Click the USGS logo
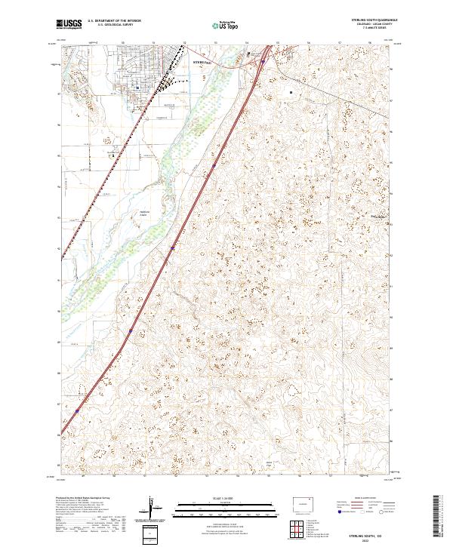pos(69,24)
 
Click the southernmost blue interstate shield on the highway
pos(77,411)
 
